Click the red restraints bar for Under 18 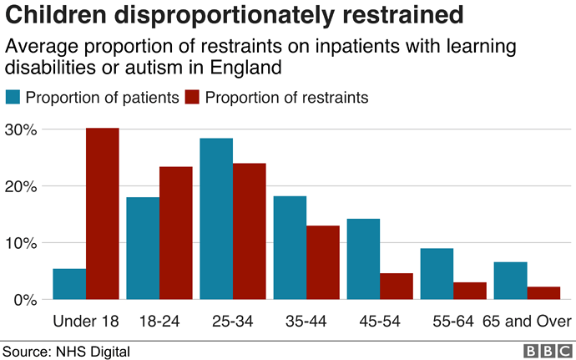[103, 213]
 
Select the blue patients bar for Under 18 [69, 284]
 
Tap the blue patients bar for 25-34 [216, 219]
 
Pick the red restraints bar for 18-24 [176, 233]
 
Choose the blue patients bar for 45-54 [363, 259]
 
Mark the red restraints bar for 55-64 [470, 291]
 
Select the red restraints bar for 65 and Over [543, 292]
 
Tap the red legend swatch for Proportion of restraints [193, 98]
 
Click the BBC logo [547, 351]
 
